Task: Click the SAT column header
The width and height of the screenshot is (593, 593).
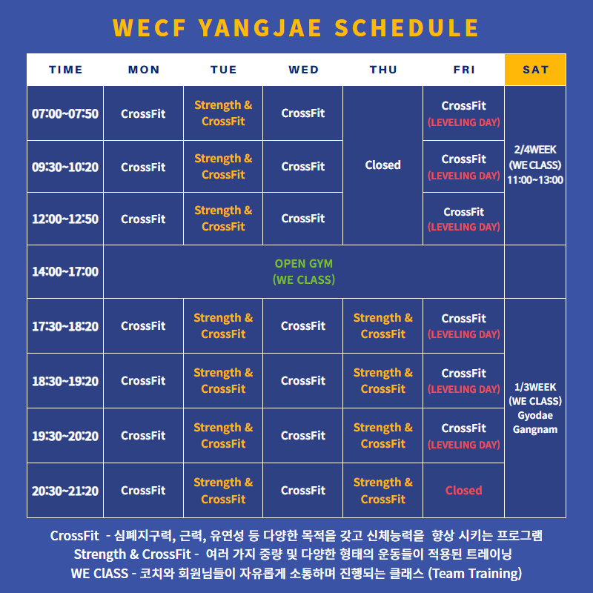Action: click(x=535, y=70)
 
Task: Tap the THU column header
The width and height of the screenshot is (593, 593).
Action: click(x=383, y=70)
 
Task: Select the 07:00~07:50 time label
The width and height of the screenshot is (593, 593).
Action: click(x=65, y=113)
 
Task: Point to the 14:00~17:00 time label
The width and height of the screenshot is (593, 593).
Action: click(x=65, y=271)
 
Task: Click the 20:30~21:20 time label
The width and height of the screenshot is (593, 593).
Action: click(x=65, y=491)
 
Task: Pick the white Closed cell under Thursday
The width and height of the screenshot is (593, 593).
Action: click(x=382, y=165)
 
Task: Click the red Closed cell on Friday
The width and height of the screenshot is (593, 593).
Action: click(x=464, y=490)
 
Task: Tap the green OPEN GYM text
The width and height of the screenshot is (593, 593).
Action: click(x=304, y=263)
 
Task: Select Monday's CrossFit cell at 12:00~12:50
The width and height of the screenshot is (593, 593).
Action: click(x=143, y=219)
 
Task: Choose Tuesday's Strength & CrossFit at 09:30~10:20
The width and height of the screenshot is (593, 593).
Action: click(x=223, y=166)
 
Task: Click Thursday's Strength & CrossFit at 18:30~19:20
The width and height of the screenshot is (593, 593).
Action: click(x=383, y=380)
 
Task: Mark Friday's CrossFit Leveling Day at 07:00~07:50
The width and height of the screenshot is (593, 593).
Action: click(x=464, y=113)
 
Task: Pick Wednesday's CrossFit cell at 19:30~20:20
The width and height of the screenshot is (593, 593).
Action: click(x=303, y=435)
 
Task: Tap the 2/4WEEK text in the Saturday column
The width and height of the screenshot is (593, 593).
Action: click(x=535, y=150)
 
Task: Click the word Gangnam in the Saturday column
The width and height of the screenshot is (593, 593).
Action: click(x=535, y=430)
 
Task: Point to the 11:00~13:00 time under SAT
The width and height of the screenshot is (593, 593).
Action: click(x=535, y=179)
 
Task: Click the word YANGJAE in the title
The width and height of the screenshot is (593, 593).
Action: click(x=260, y=27)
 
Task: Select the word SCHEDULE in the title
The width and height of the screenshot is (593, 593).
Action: click(x=407, y=27)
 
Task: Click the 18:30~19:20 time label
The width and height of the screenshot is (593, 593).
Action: click(x=65, y=381)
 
